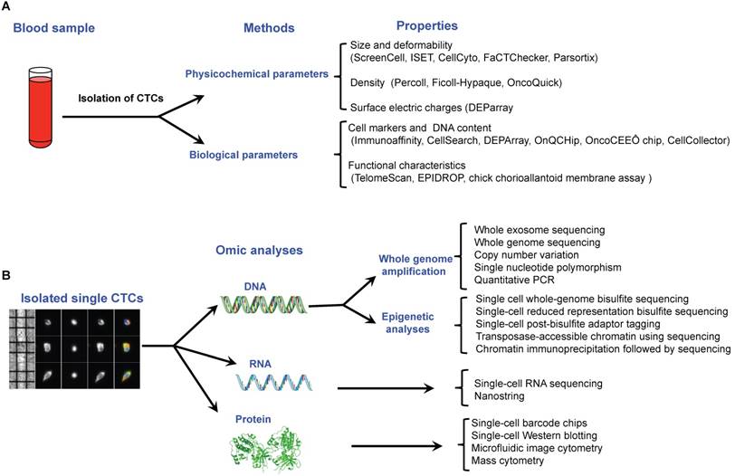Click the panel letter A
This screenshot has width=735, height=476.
click(7, 7)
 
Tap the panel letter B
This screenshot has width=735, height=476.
click(7, 274)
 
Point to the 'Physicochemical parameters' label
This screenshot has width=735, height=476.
click(249, 71)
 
